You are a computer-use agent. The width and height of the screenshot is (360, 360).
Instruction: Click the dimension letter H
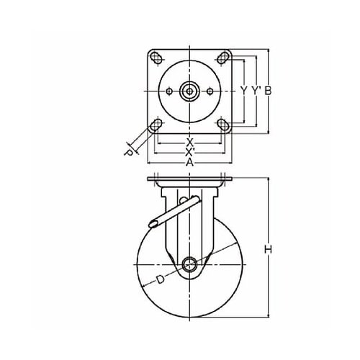tap(268, 249)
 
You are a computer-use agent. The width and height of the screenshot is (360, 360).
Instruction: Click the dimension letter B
tap(268, 91)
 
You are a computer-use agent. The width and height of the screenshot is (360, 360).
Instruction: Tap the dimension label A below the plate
tap(189, 163)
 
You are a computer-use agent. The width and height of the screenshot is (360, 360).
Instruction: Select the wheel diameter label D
tap(160, 279)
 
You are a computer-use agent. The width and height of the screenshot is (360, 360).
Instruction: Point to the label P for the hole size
tap(129, 153)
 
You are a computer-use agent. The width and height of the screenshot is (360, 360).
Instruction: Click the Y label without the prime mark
tap(244, 91)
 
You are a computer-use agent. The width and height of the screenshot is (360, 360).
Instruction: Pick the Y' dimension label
tap(256, 91)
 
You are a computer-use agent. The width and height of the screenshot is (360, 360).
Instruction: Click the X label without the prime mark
tap(190, 143)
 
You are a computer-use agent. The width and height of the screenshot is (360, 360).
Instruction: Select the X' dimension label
tap(190, 151)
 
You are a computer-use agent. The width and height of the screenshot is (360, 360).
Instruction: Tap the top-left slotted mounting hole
tap(156, 58)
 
